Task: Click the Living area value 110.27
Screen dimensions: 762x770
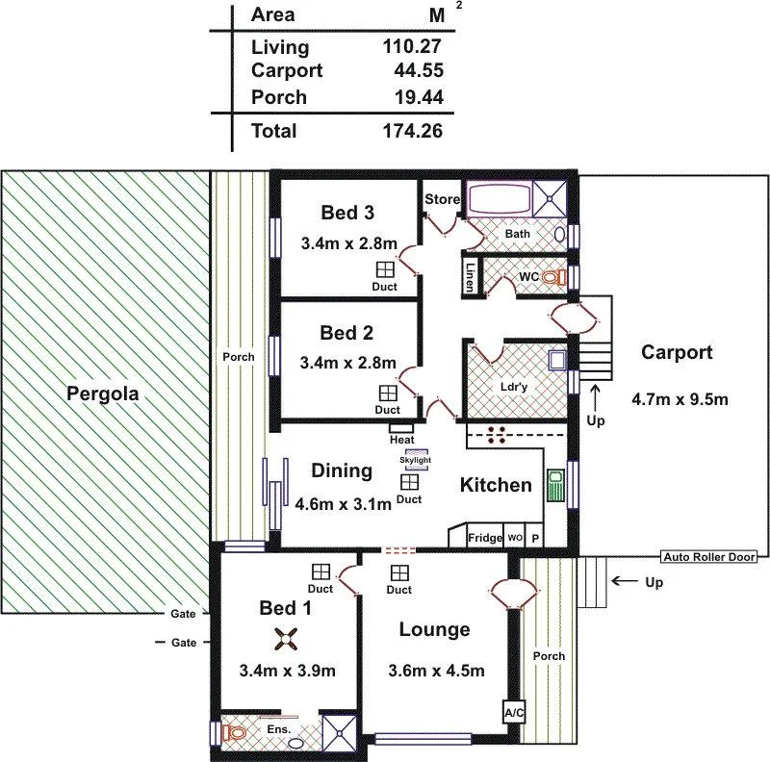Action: (x=412, y=47)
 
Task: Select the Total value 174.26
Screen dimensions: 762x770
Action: (x=412, y=131)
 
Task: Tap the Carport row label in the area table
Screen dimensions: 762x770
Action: (x=286, y=70)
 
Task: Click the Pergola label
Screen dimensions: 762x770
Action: (x=103, y=394)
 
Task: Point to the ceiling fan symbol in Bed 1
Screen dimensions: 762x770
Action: (x=285, y=637)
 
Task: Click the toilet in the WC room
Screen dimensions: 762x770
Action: (x=552, y=277)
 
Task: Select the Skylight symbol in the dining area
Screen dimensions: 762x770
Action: (x=416, y=460)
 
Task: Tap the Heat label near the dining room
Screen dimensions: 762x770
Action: (x=401, y=439)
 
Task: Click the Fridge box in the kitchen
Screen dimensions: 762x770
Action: (x=485, y=538)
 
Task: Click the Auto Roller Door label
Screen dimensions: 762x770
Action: (x=709, y=556)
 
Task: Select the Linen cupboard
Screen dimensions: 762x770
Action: (x=470, y=276)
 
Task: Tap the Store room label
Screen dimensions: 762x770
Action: (x=443, y=199)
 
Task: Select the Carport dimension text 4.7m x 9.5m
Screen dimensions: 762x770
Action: (x=678, y=398)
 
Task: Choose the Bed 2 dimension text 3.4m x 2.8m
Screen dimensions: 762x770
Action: (x=346, y=363)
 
